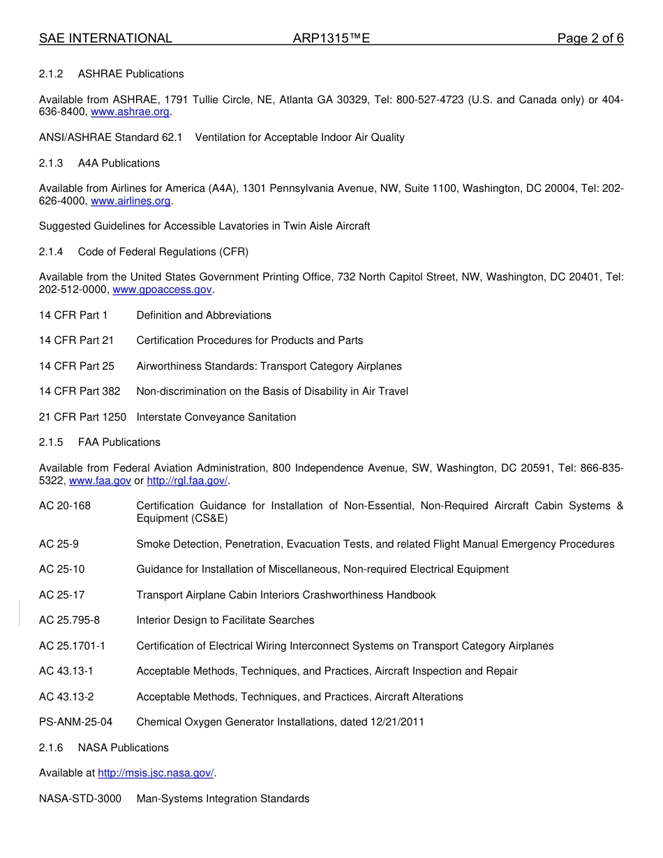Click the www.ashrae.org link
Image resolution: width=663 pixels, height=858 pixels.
(x=130, y=112)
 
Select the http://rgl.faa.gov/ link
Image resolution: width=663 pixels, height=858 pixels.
(x=187, y=481)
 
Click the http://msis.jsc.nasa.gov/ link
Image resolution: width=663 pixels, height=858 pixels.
(x=156, y=773)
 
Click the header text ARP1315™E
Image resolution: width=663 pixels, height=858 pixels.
(x=331, y=38)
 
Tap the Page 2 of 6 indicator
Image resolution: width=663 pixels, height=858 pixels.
(x=590, y=38)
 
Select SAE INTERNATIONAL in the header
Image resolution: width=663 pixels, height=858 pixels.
(x=105, y=38)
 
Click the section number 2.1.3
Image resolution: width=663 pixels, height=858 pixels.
(x=51, y=163)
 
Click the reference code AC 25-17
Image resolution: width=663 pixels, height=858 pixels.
(x=62, y=595)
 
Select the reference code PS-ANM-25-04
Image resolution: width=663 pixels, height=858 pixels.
(x=75, y=722)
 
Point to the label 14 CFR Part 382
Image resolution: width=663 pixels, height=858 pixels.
(x=80, y=391)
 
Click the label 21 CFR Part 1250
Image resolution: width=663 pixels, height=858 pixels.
(x=82, y=417)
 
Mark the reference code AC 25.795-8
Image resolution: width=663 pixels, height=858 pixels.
(x=69, y=620)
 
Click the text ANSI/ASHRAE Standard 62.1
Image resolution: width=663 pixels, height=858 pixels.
(x=110, y=137)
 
